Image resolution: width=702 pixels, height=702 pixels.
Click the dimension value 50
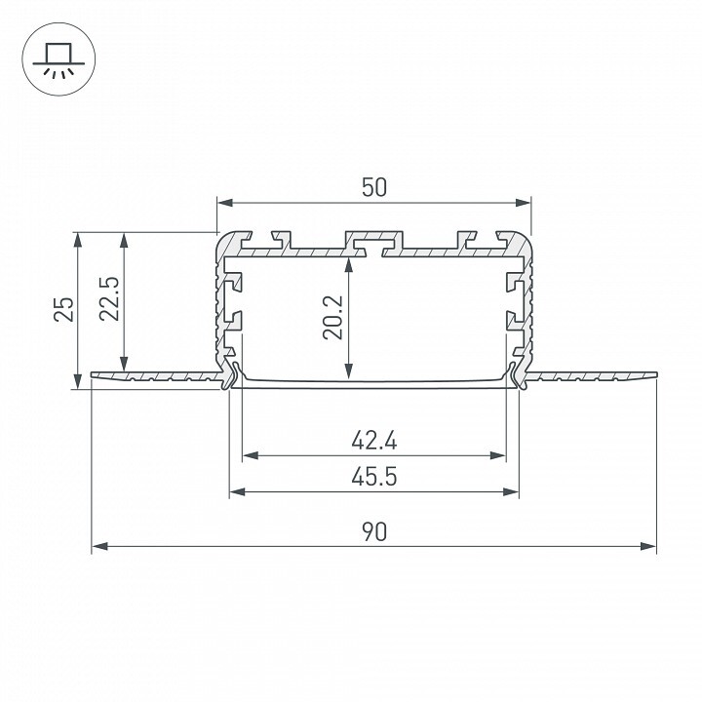coord(374,187)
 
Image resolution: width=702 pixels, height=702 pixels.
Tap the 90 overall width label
coord(374,532)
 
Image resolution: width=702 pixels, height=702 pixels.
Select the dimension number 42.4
coord(374,441)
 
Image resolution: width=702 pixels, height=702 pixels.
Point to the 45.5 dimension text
coord(374,477)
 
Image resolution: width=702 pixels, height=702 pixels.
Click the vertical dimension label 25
coord(64,309)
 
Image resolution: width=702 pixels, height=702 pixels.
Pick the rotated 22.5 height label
coord(109,298)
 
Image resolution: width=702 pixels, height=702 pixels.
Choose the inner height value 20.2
coord(333,317)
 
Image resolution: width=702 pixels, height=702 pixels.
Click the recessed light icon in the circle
coord(58,60)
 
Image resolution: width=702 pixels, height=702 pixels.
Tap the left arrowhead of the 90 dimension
coord(99,547)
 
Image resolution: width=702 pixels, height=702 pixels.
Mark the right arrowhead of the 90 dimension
coord(648,547)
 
